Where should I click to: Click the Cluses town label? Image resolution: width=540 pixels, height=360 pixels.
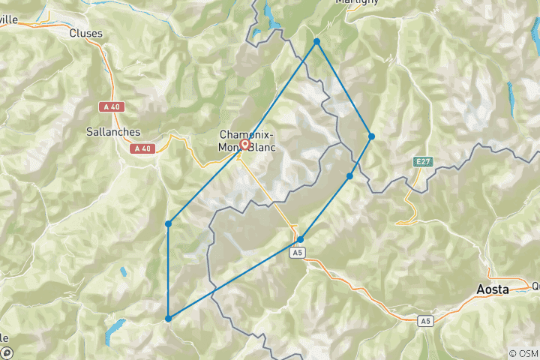click(x=85, y=33)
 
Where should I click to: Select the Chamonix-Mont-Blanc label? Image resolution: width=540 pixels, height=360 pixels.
click(x=247, y=141)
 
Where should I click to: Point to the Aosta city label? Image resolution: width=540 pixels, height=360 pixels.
click(x=493, y=289)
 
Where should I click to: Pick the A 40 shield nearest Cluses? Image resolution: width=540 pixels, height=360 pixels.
click(x=112, y=107)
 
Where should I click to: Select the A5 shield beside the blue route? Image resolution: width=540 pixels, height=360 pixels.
click(x=298, y=253)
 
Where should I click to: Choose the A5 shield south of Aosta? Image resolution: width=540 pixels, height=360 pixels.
click(x=426, y=321)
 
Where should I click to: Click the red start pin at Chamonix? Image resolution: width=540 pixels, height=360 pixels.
click(x=244, y=145)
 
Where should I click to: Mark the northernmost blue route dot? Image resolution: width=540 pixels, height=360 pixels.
click(x=317, y=41)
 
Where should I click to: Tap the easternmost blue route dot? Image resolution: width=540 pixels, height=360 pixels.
click(x=371, y=136)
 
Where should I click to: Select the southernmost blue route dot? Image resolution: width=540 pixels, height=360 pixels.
click(x=168, y=319)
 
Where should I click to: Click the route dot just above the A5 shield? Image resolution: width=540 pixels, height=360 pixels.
click(x=300, y=240)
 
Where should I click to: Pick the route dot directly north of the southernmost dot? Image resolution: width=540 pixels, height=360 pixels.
click(x=168, y=223)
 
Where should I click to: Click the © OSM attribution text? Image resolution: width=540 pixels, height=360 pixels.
click(x=523, y=353)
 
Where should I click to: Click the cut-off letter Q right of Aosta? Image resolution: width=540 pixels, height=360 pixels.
click(x=535, y=286)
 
